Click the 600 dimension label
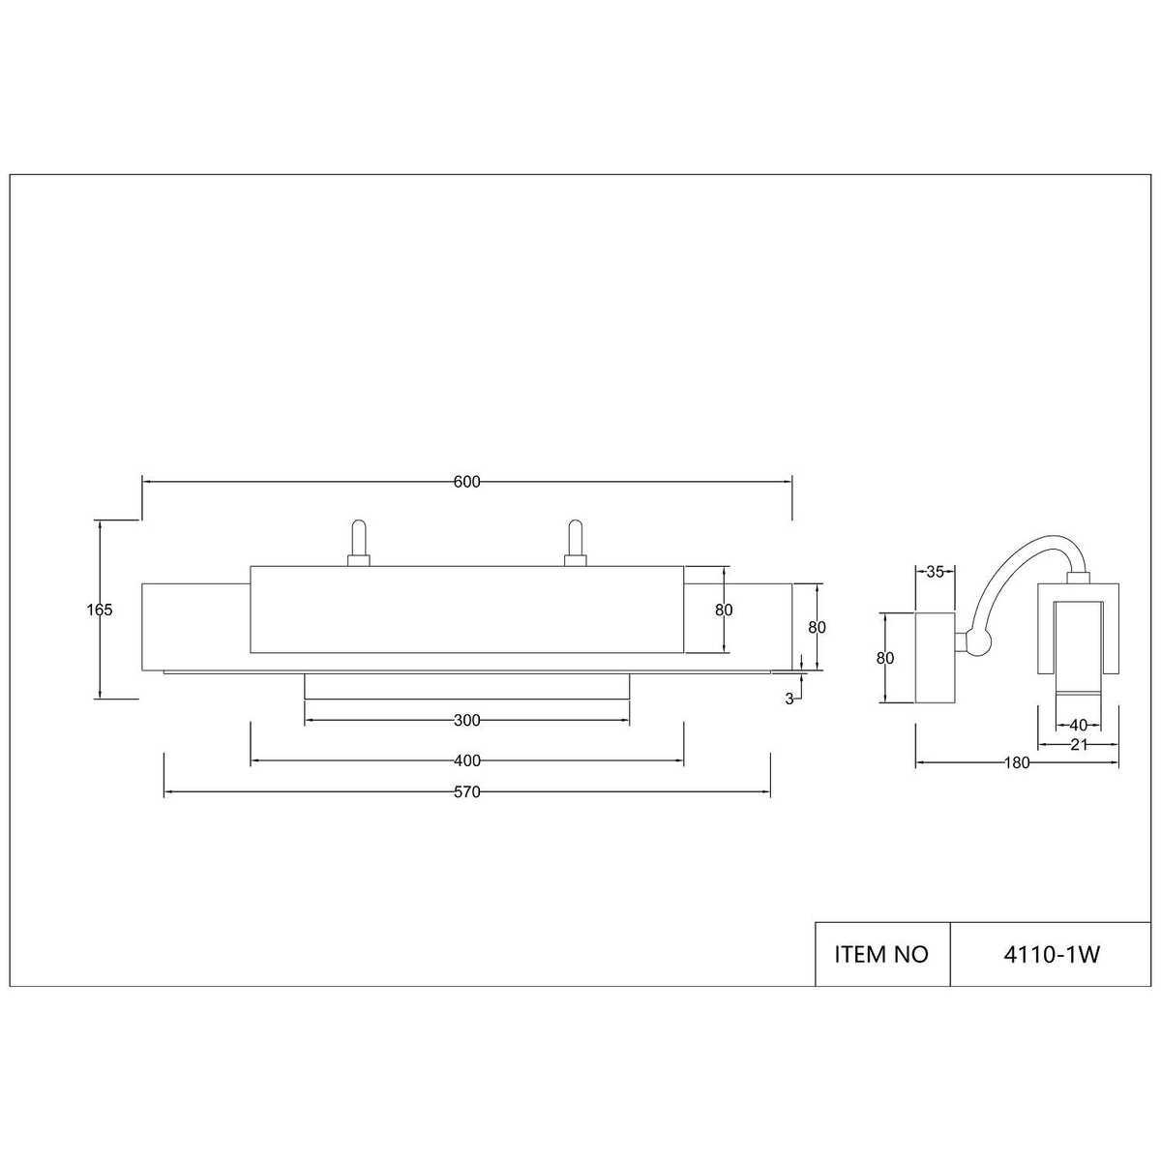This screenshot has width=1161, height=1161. point(467,482)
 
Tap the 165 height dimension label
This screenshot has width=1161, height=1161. point(100,610)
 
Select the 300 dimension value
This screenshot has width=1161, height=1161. point(467,720)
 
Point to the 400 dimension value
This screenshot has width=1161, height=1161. point(467,761)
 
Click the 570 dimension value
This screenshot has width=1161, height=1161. point(467,792)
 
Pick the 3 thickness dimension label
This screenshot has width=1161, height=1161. point(789,700)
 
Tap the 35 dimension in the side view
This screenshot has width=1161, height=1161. point(935,572)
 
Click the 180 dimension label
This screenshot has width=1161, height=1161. point(1017,762)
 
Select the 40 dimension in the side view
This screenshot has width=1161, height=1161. point(1078,726)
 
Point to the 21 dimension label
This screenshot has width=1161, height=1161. point(1079,745)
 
